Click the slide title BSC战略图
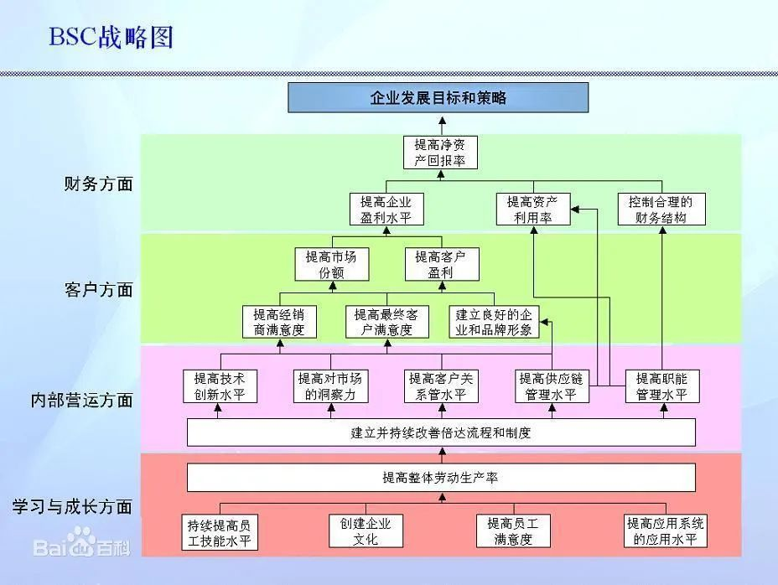click(111, 37)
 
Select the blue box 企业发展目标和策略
click(438, 98)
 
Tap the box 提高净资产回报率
click(440, 153)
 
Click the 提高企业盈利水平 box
click(386, 210)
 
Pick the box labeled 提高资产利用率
click(533, 210)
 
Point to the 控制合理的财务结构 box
click(661, 210)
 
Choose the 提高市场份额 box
click(332, 265)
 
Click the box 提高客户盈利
click(442, 265)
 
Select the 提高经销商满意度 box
click(279, 322)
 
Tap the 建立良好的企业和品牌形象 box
click(494, 322)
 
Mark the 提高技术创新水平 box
click(220, 386)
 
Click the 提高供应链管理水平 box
click(552, 386)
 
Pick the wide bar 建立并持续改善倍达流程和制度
click(441, 432)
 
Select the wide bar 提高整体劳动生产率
click(441, 478)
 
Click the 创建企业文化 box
click(366, 531)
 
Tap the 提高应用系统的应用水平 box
click(666, 531)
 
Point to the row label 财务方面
click(99, 184)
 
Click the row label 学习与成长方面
click(72, 506)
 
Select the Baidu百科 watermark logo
click(82, 543)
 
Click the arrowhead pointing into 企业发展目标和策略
click(442, 121)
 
